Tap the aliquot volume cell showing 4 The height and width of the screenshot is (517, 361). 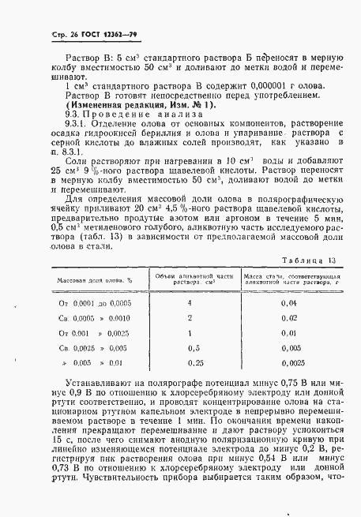[190, 302]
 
